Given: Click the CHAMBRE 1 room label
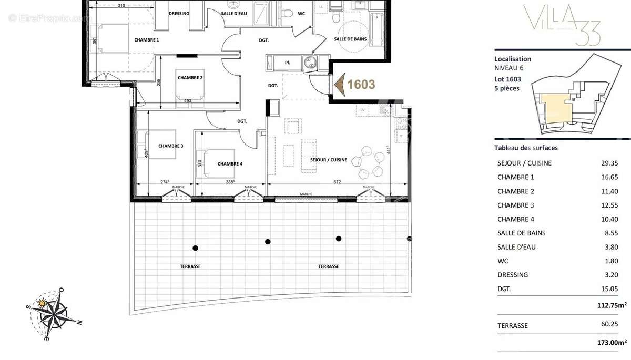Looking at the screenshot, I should (146, 40).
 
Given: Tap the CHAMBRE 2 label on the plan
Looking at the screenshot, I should (190, 78).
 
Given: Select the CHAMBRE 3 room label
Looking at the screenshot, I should (170, 146).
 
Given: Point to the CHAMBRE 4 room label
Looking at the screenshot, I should (230, 164).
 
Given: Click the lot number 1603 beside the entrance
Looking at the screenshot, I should (361, 85).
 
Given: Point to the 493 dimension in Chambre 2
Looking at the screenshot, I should (187, 101).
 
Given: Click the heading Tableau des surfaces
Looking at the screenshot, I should (526, 148).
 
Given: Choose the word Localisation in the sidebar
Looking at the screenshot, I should (513, 59).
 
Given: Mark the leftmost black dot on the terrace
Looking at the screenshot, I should (195, 248).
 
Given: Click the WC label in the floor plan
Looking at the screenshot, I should (301, 14).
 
